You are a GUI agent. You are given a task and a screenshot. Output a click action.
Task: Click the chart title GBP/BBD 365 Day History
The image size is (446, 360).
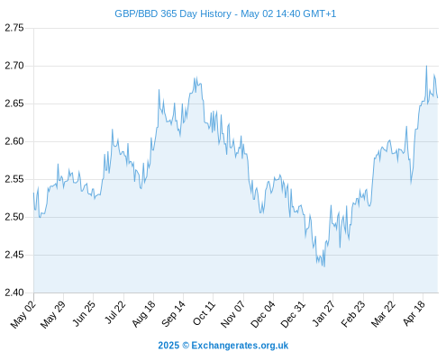point(173,13)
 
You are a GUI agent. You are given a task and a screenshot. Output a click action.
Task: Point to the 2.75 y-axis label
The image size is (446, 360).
point(14,28)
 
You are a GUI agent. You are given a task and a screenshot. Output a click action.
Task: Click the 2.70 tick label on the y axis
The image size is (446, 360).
point(14,66)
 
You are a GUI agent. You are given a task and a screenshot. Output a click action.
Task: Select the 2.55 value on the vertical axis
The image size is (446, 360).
point(14,179)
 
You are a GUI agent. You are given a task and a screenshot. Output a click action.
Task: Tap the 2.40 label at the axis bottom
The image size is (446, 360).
point(14,292)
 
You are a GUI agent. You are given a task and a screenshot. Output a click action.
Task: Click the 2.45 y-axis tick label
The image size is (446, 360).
point(14,255)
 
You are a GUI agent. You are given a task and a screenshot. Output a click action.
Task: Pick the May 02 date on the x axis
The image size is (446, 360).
point(23,314)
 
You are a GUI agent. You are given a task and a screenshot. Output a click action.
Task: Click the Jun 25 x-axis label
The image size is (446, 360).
point(84,314)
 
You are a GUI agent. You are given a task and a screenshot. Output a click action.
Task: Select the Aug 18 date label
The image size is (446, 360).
point(143,314)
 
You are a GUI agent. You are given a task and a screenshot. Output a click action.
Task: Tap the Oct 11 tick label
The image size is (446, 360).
point(204,314)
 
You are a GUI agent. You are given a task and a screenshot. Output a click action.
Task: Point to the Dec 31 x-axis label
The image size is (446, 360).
point(293,314)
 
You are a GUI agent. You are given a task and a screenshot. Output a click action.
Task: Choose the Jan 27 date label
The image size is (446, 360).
point(323,314)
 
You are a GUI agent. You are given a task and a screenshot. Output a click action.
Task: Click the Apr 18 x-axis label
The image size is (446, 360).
point(414,314)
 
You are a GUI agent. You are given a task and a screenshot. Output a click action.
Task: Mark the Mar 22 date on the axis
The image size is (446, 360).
point(383,314)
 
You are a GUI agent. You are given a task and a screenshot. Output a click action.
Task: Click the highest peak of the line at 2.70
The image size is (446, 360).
point(426,66)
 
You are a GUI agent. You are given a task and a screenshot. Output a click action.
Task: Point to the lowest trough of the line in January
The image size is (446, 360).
point(324,266)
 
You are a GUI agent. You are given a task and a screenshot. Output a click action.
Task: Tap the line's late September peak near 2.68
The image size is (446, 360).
point(196,76)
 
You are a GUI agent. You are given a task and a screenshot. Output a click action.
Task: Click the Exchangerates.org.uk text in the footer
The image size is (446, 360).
point(240,346)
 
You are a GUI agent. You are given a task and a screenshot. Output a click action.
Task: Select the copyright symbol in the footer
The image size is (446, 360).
point(186,346)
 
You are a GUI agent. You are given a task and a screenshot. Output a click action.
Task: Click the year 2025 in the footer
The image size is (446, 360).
point(168,346)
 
